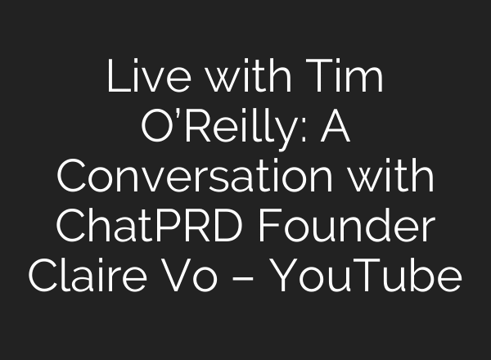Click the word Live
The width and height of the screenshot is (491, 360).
(x=149, y=76)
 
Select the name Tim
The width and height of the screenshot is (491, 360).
(x=345, y=76)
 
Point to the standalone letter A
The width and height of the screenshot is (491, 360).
(x=335, y=126)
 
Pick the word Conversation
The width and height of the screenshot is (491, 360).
(x=194, y=175)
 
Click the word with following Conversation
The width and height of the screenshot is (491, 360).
(x=391, y=175)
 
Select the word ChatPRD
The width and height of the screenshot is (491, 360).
(x=150, y=225)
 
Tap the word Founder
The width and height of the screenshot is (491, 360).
(x=347, y=225)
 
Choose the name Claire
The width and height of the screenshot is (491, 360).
(x=88, y=276)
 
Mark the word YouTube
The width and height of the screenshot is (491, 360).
(x=366, y=276)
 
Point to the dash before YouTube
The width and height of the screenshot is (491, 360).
(x=243, y=277)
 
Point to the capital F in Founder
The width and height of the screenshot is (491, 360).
(x=269, y=226)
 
